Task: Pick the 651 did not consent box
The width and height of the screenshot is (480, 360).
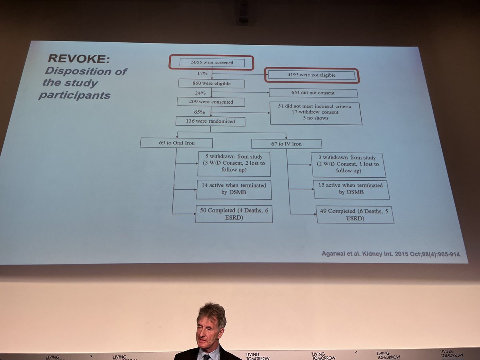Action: tap(313, 93)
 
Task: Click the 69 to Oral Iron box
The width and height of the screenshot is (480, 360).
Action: tap(176, 143)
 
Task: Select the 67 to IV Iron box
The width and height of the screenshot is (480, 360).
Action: tap(286, 144)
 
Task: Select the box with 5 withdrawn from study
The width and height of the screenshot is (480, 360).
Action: tap(234, 164)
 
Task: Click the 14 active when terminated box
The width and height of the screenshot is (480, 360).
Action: tap(234, 190)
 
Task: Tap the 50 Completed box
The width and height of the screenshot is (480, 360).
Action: tap(234, 214)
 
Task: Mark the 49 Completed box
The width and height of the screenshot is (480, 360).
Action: tap(354, 215)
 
